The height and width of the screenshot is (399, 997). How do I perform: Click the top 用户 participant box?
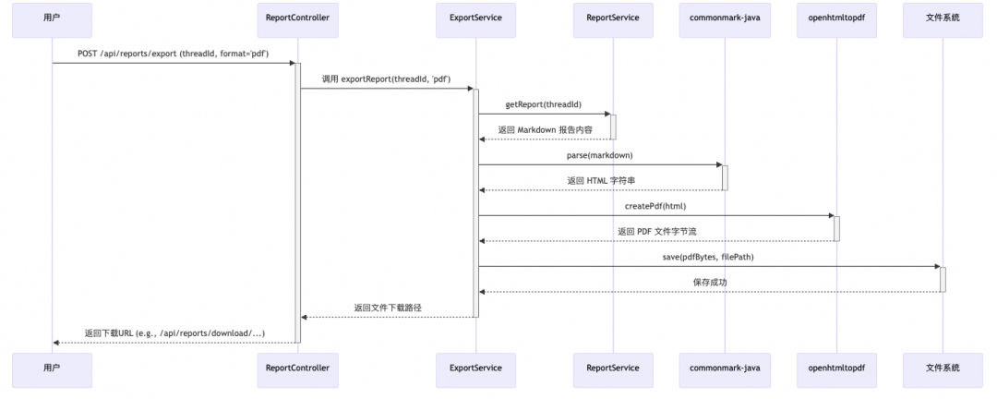tap(52, 18)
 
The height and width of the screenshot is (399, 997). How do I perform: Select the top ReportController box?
tap(297, 18)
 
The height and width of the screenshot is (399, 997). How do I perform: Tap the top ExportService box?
tap(475, 18)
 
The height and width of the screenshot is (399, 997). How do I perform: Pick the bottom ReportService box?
tap(612, 368)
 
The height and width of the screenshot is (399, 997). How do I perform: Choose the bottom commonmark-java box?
tap(725, 368)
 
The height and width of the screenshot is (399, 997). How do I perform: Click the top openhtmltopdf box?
tap(836, 18)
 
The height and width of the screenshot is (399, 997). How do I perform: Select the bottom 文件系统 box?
tap(943, 368)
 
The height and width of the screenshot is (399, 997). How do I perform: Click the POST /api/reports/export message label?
tap(173, 54)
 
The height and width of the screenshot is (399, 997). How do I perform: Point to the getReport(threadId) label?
tap(543, 104)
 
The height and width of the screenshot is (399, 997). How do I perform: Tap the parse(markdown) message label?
tap(599, 155)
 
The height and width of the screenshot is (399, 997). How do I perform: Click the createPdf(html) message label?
tap(655, 206)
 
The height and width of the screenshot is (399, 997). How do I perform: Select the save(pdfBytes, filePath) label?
tap(708, 257)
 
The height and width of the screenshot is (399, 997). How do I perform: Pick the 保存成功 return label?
tap(709, 282)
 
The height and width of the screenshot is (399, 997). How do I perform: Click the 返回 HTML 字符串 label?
tap(600, 180)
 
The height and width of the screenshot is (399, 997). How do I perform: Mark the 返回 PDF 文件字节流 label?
tap(656, 231)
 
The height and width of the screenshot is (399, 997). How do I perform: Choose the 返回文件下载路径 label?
tap(388, 307)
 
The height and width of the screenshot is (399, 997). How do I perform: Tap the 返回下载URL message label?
tap(174, 332)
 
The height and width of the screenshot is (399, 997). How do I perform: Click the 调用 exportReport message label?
tap(386, 79)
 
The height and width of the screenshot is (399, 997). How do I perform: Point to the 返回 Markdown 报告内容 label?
tap(545, 129)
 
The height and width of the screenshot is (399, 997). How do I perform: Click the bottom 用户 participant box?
tap(52, 368)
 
